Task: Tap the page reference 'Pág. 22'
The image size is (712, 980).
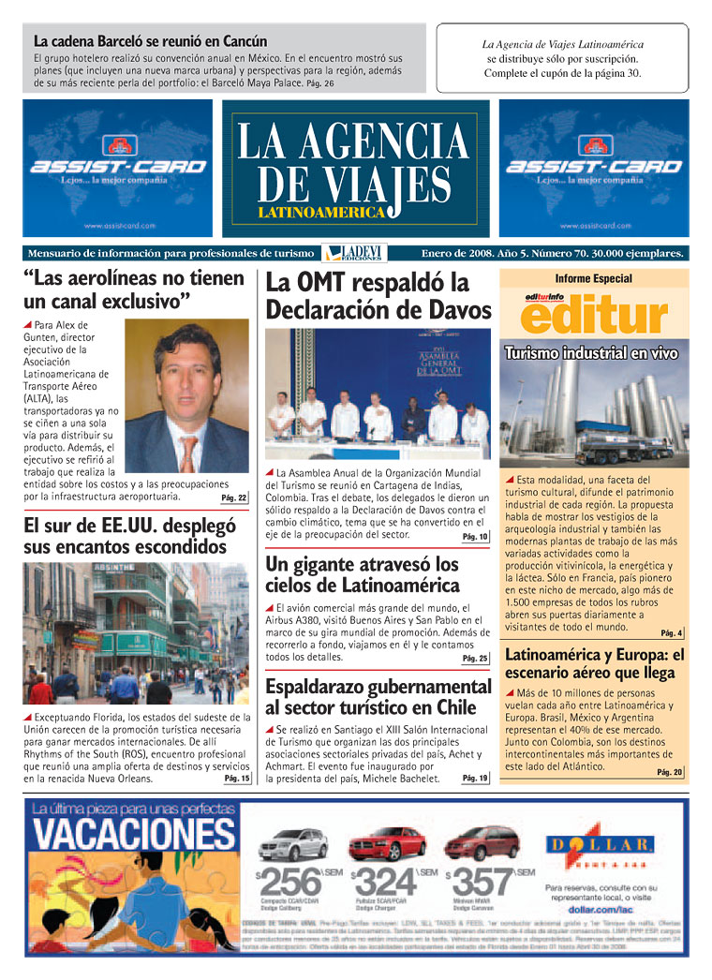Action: click(234, 497)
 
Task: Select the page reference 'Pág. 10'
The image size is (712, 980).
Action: click(475, 537)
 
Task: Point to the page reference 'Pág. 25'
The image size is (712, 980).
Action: click(475, 659)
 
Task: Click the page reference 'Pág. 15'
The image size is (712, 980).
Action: click(236, 779)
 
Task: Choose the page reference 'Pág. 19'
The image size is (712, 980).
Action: click(475, 778)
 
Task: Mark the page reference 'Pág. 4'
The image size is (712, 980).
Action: click(672, 632)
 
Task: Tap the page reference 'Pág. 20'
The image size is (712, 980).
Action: click(670, 772)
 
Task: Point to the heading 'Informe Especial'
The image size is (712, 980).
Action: click(593, 279)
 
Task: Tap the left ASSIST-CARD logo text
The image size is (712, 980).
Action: click(118, 167)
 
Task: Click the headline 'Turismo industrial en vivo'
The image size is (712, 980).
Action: click(591, 353)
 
